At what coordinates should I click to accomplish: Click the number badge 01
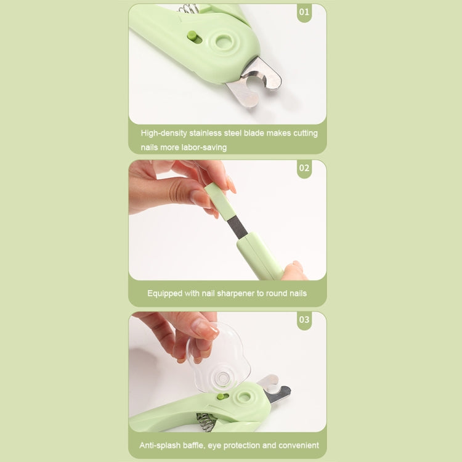coord(304,12)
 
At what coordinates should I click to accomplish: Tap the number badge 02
coord(304,168)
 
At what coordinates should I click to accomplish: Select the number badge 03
coord(304,320)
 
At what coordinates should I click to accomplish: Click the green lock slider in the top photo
coord(192,37)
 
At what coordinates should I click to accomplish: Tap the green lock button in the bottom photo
coord(221,399)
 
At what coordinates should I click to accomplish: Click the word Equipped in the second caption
coord(164,293)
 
